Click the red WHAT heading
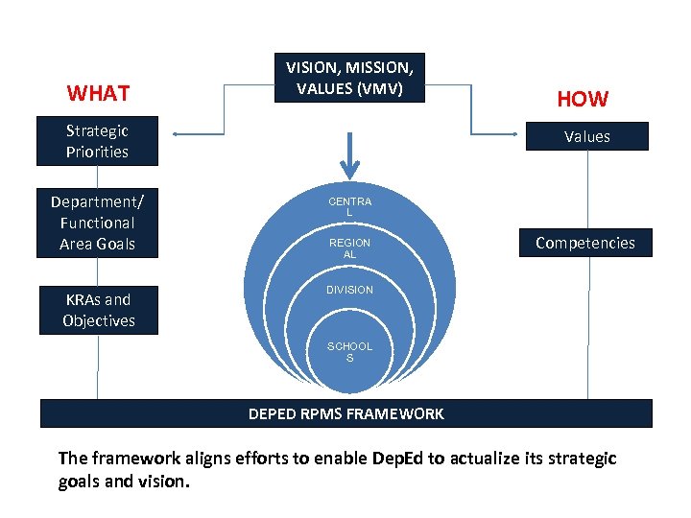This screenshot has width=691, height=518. coord(98,93)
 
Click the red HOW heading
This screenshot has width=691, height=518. coord(583,99)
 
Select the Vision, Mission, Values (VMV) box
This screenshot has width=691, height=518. coord(349,79)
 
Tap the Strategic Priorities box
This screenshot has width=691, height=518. coord(97,141)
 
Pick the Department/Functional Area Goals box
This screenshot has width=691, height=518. coord(97,223)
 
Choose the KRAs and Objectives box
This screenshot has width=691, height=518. coord(97,310)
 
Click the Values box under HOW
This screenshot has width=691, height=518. coord(586,136)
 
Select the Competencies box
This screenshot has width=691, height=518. coord(584,243)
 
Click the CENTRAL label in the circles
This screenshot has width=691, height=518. coord(349,206)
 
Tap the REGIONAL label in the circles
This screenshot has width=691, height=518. coord(349,248)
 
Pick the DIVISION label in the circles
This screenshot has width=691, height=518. coord(349,289)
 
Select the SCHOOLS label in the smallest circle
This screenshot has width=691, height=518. coord(349,352)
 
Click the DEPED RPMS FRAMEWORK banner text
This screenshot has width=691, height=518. coord(345,414)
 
